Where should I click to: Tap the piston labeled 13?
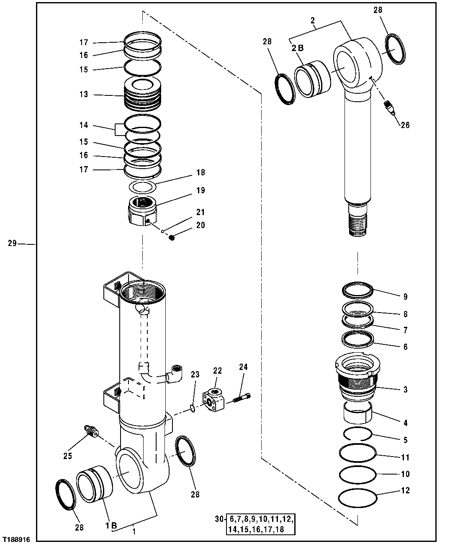143,94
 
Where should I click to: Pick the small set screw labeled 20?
171,238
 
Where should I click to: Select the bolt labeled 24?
242,398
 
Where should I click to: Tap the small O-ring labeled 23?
192,408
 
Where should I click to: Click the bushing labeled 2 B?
312,79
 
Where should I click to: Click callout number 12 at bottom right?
405,490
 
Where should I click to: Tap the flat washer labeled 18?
143,186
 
